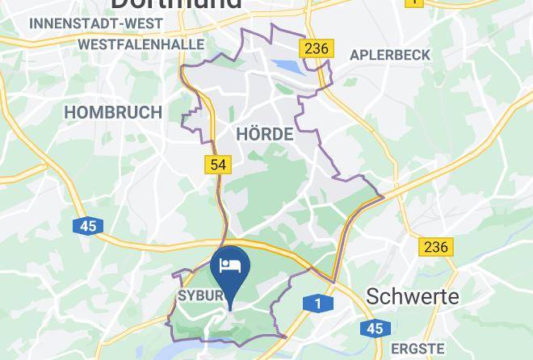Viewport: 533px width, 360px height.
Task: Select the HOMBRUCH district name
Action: pos(113,112)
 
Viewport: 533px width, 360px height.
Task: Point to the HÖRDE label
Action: pos(264,134)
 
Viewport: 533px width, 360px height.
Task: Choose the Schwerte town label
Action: pos(412,296)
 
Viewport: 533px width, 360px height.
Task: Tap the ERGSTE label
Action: pos(418,350)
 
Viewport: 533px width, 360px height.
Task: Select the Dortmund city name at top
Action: pos(174,3)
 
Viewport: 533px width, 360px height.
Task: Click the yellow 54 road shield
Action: pos(218,165)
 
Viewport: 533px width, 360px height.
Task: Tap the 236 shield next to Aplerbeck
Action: pos(316,48)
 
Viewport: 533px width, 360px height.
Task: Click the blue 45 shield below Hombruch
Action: pos(88,226)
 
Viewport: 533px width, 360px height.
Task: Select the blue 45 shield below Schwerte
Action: pos(373,329)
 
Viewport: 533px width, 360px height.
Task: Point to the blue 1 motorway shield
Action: pos(318,303)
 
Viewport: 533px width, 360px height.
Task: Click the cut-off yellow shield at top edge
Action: pos(413,2)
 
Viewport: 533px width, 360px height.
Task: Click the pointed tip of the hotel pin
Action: pos(230,308)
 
